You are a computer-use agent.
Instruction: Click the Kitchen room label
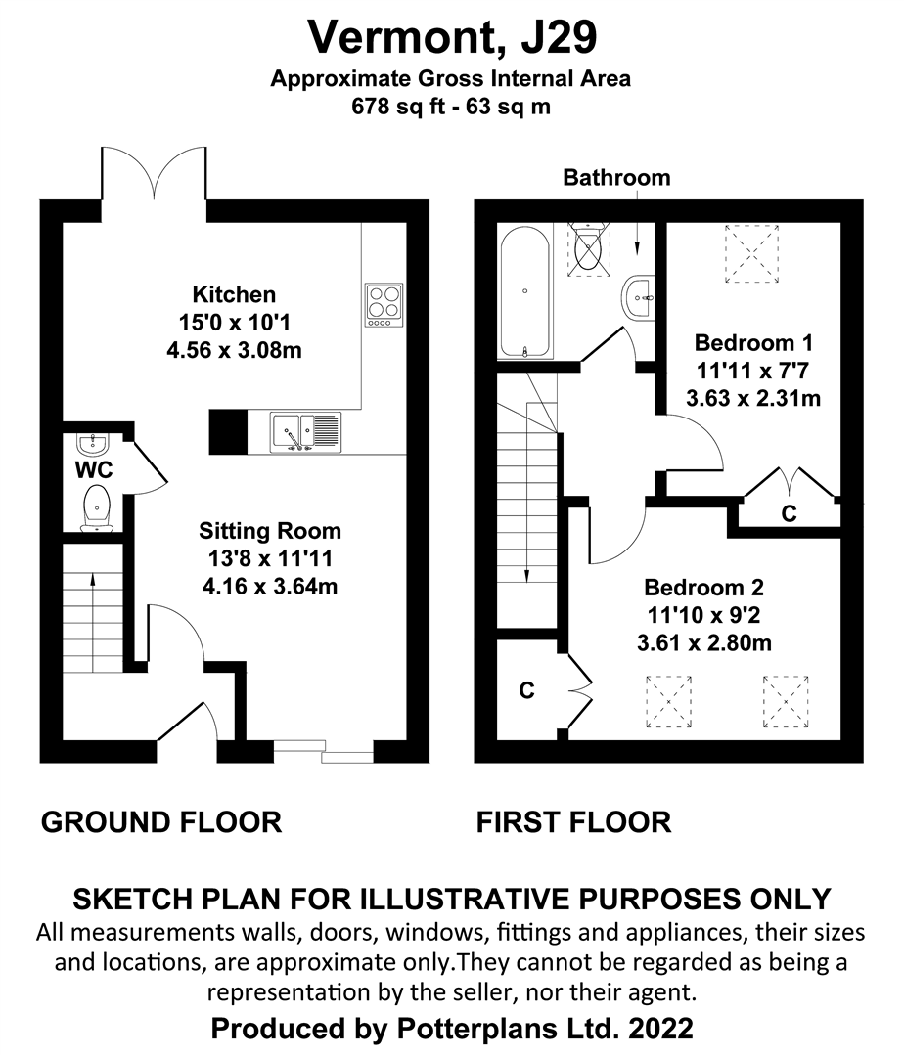pyautogui.click(x=234, y=294)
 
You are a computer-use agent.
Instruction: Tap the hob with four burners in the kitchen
pyautogui.click(x=384, y=304)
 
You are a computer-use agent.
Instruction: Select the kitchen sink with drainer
pyautogui.click(x=306, y=431)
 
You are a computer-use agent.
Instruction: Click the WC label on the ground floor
pyautogui.click(x=94, y=470)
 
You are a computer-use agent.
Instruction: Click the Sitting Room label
pyautogui.click(x=270, y=531)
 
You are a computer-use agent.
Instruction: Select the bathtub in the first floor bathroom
pyautogui.click(x=525, y=291)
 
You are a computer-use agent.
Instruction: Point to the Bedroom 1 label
pyautogui.click(x=753, y=343)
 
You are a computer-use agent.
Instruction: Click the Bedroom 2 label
pyautogui.click(x=703, y=589)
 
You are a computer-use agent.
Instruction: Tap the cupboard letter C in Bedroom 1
pyautogui.click(x=789, y=513)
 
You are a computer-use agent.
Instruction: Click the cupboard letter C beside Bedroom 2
pyautogui.click(x=526, y=690)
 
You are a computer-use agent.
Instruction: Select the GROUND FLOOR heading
pyautogui.click(x=161, y=822)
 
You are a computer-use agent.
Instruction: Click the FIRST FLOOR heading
pyautogui.click(x=574, y=822)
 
